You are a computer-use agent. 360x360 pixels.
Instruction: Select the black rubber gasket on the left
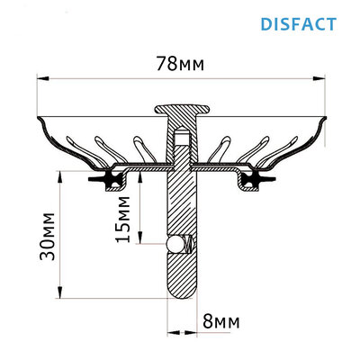point(110,182)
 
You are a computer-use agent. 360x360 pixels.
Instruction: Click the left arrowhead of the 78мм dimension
point(40,77)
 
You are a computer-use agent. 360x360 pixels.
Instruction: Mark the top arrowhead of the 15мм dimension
point(139,174)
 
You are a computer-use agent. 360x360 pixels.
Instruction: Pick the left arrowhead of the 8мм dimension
point(167,331)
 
